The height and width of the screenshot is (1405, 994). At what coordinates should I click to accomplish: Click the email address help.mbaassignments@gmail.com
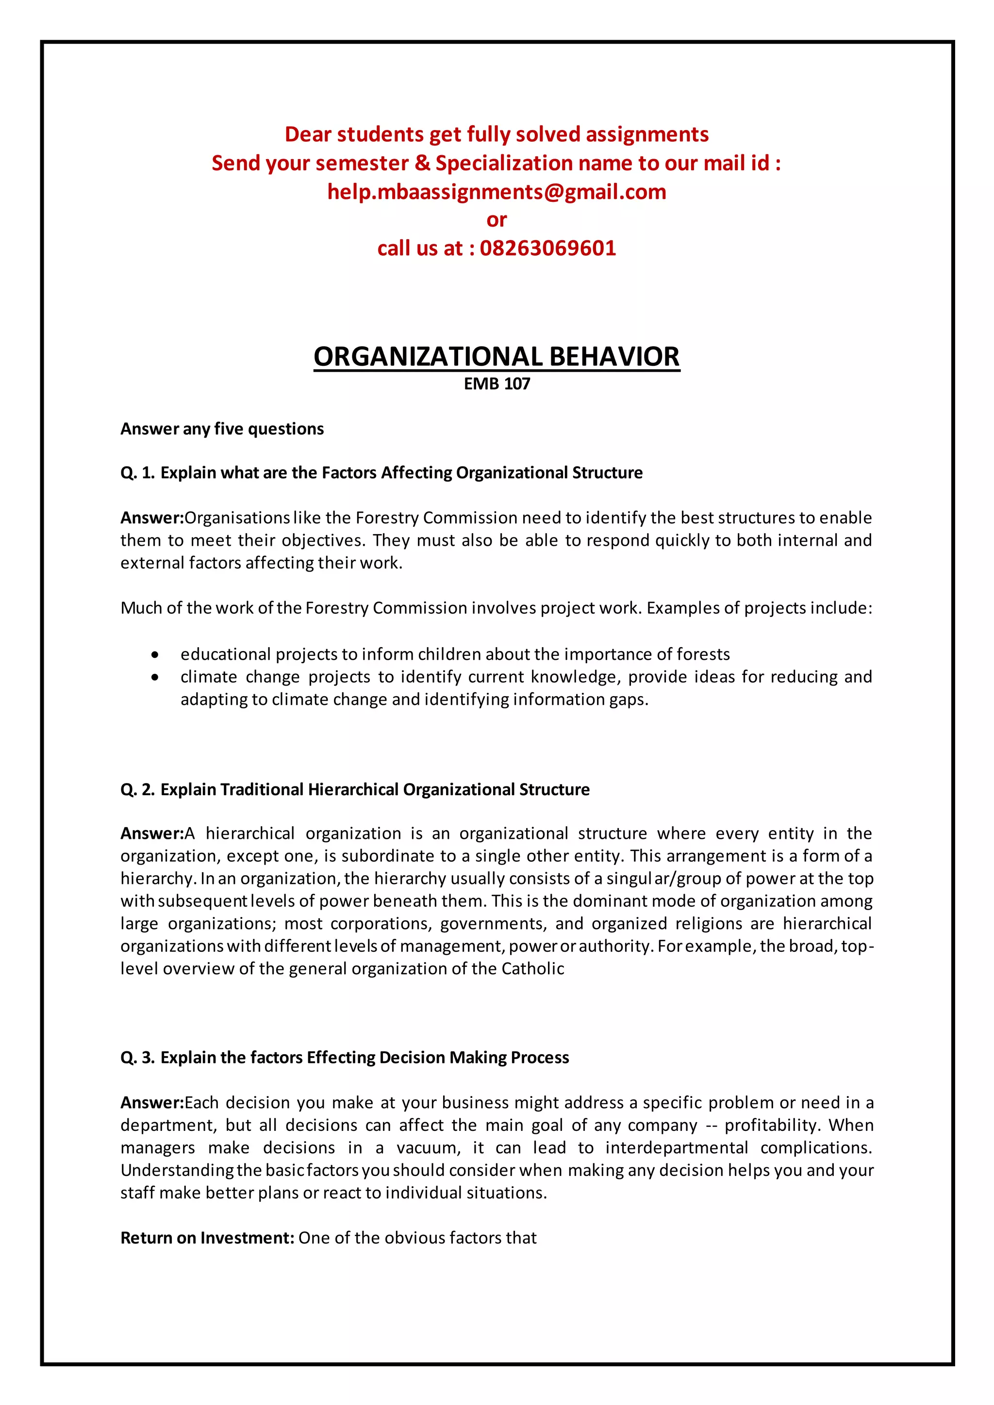[497, 192]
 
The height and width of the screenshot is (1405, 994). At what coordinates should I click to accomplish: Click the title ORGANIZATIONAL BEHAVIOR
[497, 357]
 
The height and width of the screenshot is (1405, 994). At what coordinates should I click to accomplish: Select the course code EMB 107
[497, 384]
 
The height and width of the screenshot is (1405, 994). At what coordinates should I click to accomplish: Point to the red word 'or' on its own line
[497, 220]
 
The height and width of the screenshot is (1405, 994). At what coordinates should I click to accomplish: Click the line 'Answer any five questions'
[222, 428]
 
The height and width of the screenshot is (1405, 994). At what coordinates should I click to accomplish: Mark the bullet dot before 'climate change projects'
[155, 677]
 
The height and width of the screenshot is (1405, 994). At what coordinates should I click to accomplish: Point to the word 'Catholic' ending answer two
[532, 969]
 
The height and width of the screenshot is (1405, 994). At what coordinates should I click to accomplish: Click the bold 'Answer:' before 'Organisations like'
[152, 518]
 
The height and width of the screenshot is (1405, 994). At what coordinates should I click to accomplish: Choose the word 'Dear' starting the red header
[307, 134]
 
